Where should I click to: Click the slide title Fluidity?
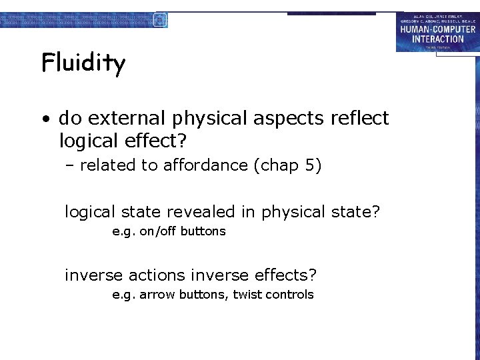(x=83, y=64)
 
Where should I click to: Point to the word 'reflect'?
(x=359, y=119)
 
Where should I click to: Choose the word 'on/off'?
(x=158, y=231)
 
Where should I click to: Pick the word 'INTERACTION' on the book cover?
(x=437, y=39)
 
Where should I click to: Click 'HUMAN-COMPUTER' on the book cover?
(x=437, y=29)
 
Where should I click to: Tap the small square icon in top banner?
(x=159, y=19)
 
